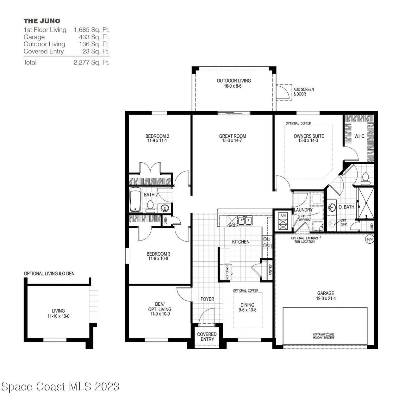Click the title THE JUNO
[42, 21]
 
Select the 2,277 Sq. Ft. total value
[91, 62]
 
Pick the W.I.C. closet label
[360, 136]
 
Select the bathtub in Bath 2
[135, 200]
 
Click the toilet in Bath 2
[150, 207]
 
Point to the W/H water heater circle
[370, 239]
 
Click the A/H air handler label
[282, 215]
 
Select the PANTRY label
[270, 270]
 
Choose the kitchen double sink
[245, 220]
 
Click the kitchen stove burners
[266, 242]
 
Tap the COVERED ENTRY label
[207, 337]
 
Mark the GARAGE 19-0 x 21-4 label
[326, 296]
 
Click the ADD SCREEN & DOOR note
[303, 92]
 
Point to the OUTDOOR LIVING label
[234, 83]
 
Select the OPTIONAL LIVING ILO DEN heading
[49, 273]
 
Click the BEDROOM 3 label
[158, 256]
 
